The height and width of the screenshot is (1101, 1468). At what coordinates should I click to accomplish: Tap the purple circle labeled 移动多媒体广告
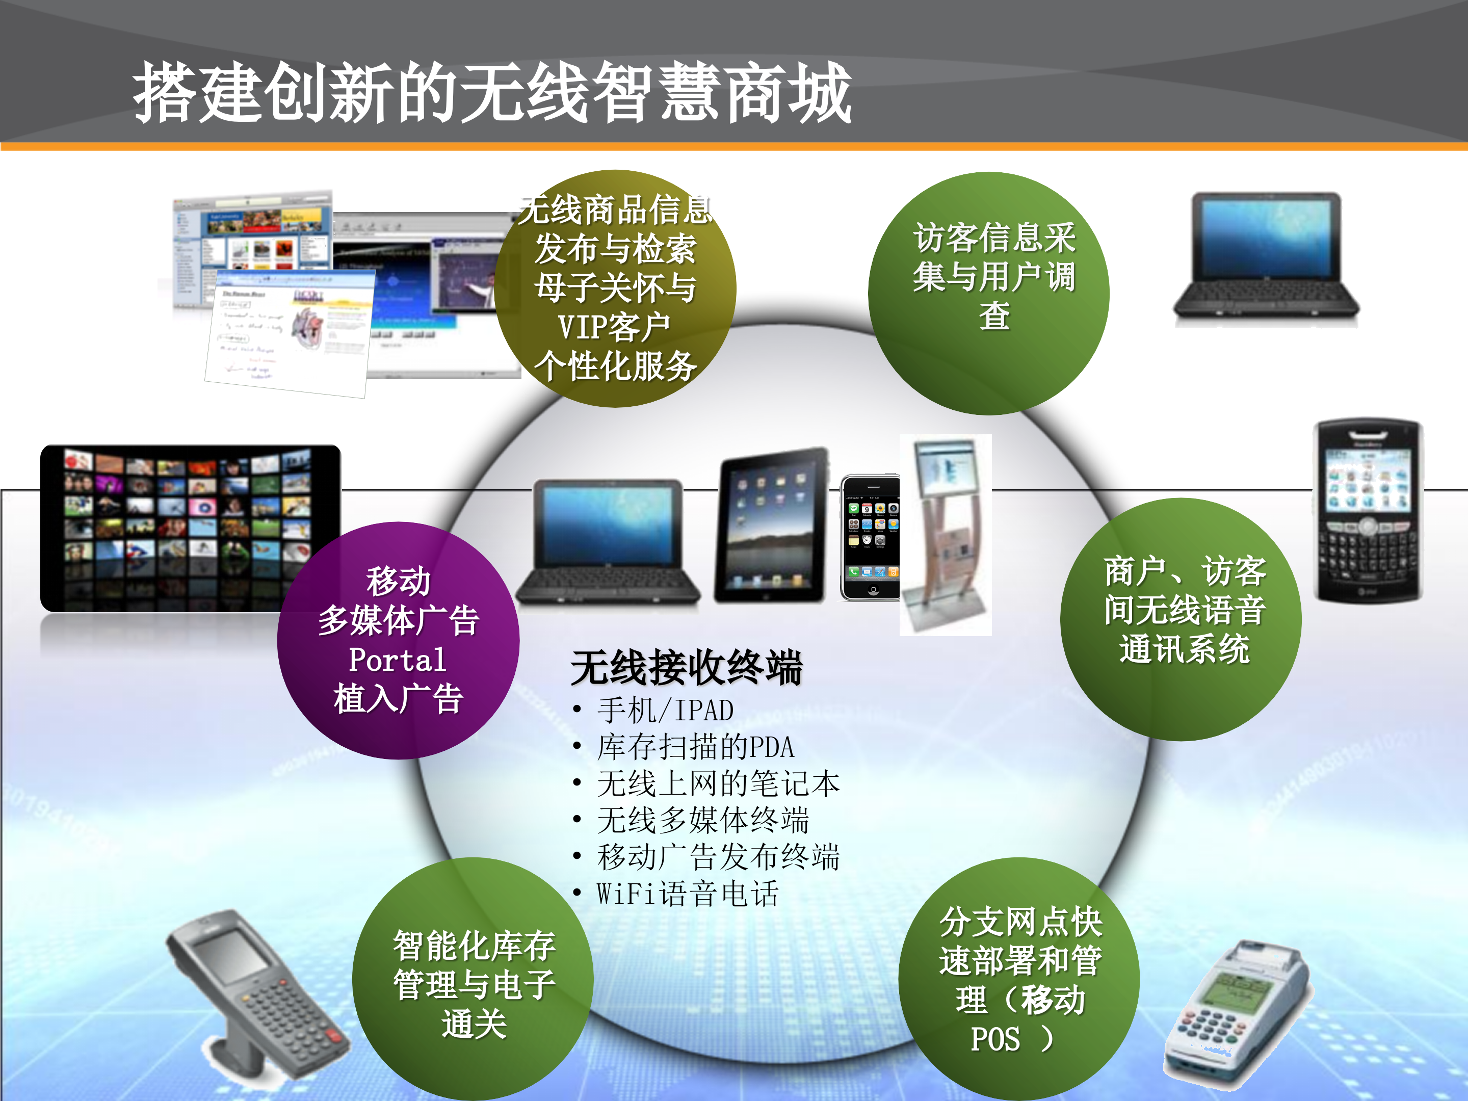click(398, 640)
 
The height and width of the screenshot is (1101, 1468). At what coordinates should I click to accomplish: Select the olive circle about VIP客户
click(615, 289)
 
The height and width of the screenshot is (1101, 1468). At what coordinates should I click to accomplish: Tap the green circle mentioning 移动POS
click(1019, 979)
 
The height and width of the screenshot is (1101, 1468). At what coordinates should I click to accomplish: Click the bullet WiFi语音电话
click(687, 893)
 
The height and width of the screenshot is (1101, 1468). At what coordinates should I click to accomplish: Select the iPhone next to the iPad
click(870, 538)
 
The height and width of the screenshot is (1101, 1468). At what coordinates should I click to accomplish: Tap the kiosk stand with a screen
click(945, 534)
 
